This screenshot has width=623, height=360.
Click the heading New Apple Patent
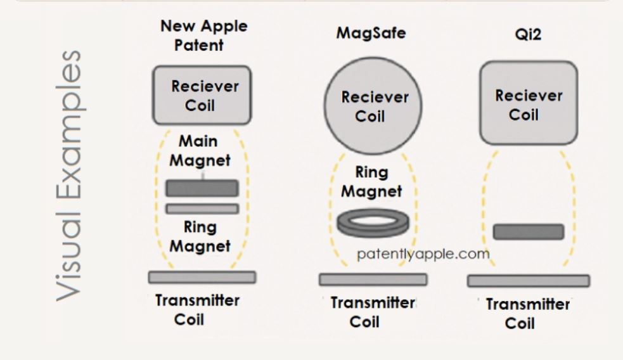[x=203, y=35]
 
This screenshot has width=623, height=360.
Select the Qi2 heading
[x=527, y=36]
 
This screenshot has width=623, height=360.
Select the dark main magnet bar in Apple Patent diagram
[x=202, y=188]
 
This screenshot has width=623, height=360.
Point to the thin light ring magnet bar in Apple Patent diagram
[x=202, y=209]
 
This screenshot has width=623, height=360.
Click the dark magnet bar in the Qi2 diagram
[x=528, y=232]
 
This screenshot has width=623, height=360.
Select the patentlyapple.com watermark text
[x=423, y=254]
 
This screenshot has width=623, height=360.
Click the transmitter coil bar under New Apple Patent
[x=202, y=277]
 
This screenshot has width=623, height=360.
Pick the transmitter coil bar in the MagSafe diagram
[x=373, y=280]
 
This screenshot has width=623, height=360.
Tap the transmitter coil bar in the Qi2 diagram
[x=528, y=281]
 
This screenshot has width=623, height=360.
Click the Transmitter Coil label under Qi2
[x=528, y=314]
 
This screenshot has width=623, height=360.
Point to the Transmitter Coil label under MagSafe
[x=373, y=312]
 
